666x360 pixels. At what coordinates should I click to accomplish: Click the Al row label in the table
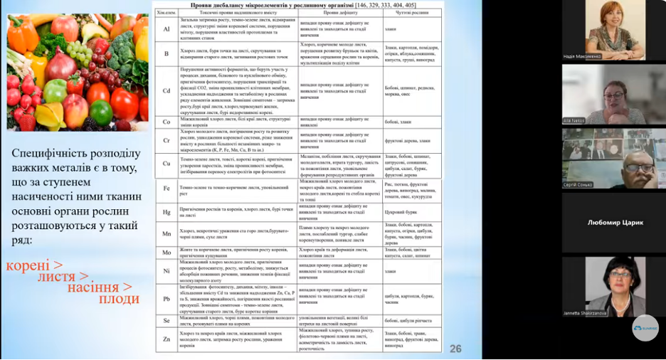pos(166,29)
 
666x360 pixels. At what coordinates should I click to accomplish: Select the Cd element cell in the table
pos(166,90)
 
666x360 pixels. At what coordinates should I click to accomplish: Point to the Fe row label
pos(166,189)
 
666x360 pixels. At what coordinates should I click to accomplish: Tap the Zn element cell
pos(166,339)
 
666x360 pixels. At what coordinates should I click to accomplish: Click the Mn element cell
pos(166,233)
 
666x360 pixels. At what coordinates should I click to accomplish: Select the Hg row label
pos(166,211)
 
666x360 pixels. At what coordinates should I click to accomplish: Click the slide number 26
pos(455,348)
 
